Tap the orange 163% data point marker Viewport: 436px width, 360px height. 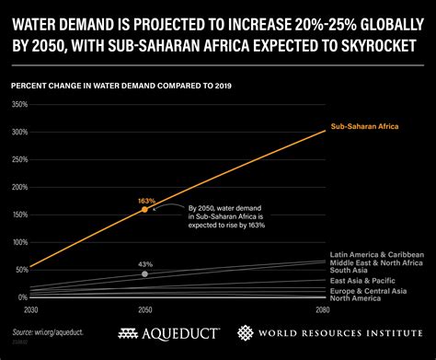point(144,210)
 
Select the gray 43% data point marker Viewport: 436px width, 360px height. point(144,273)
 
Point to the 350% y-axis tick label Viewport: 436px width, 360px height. point(17,104)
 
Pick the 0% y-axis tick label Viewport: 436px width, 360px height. point(20,297)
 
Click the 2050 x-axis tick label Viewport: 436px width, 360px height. point(144,310)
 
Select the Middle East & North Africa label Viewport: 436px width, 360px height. point(376,262)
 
